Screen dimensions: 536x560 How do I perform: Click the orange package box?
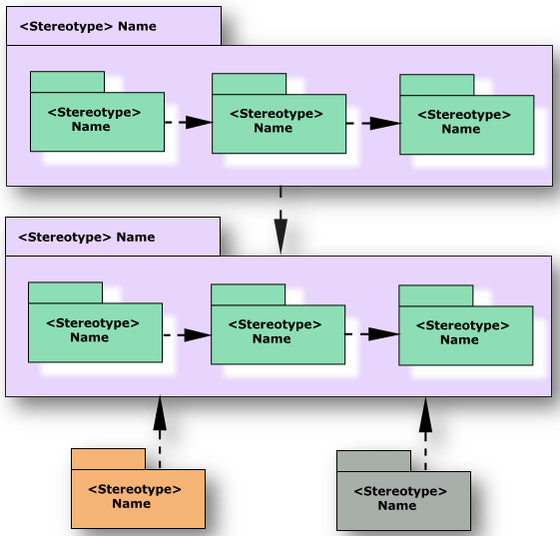138,497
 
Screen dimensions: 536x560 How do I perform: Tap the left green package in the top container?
97,121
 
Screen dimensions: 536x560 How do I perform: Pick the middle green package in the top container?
279,123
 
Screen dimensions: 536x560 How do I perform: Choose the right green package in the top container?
466,124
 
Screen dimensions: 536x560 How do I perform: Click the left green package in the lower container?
95,331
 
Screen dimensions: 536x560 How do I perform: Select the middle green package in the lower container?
278,333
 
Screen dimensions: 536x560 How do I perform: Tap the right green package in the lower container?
465,334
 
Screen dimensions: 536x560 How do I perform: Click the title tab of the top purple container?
113,26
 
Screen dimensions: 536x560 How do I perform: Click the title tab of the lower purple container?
112,237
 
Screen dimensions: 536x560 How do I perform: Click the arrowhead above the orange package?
160,413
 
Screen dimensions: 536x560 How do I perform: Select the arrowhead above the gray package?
425,413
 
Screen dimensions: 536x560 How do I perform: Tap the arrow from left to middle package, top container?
198,122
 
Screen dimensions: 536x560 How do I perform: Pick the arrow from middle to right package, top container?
383,124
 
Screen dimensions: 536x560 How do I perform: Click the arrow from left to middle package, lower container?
197,334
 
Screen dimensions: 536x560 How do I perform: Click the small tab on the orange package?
108,458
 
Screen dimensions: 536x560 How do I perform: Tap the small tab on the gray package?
373,460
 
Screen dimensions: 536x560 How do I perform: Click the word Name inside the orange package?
131,504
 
